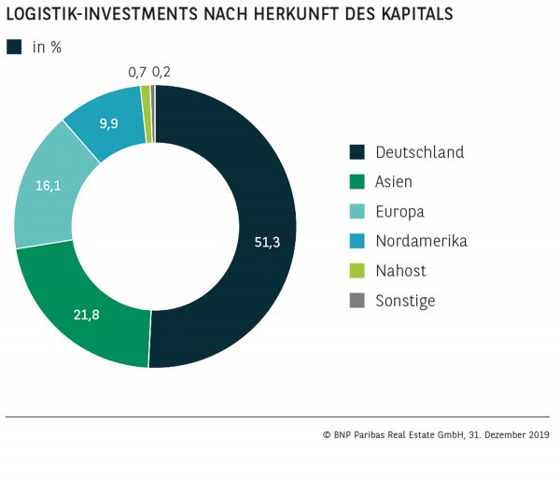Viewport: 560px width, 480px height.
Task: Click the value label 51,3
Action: click(267, 242)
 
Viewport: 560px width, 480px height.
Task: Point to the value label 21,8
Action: click(86, 315)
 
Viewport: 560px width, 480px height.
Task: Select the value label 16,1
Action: click(49, 186)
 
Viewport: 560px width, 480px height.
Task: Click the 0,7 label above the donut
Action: click(137, 72)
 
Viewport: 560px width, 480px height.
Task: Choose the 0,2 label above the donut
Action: click(161, 72)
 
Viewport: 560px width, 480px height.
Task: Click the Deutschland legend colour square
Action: click(356, 152)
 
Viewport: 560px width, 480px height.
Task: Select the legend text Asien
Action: click(394, 182)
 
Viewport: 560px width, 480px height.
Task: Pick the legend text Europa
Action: click(399, 212)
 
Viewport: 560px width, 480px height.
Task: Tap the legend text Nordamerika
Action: click(421, 241)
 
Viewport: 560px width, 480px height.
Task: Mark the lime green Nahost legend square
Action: click(356, 271)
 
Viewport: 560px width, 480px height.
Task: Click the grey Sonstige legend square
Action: click(356, 301)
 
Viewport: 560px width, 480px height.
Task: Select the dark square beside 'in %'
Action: click(14, 47)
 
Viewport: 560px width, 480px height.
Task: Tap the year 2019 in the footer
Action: click(538, 434)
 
